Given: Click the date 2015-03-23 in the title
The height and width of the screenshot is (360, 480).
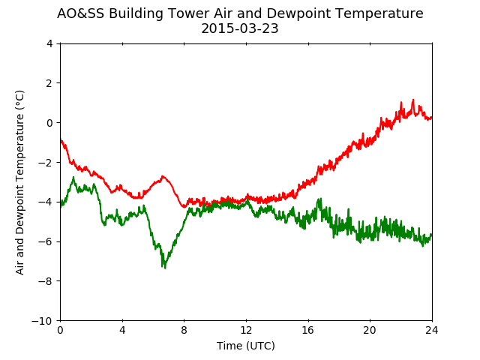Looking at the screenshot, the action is pos(240,28).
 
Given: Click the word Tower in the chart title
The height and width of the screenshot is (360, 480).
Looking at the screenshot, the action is pos(188,13).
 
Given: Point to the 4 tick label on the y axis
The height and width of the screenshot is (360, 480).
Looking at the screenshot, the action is pos(49,43).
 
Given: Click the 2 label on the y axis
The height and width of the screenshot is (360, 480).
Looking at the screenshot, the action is pos(49,83).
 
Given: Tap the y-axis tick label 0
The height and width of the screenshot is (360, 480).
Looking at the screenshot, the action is pos(49,123).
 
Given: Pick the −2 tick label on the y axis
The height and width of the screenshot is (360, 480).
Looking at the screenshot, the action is pos(45,162).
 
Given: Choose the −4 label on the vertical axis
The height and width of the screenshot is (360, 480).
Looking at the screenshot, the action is pos(45,202).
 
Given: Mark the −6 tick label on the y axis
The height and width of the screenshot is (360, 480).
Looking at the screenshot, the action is pos(45,241).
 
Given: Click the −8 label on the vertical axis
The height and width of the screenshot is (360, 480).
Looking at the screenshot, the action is pos(45,281).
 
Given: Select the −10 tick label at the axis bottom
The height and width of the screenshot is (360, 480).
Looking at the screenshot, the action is pos(42,321).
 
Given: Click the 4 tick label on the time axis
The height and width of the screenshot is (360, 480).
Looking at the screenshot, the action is pos(122,330).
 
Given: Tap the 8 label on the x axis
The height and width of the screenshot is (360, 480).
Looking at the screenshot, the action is pos(184,330).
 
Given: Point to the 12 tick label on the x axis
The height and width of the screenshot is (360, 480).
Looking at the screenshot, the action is pos(247,330).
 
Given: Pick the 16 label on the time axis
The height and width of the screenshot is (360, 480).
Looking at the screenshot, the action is pos(308,330).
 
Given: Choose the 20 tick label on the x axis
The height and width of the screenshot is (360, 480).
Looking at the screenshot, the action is pos(370,330).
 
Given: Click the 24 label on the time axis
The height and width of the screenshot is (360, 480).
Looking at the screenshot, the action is pos(432,330).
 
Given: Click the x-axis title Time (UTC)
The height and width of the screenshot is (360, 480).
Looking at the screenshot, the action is pos(246,346).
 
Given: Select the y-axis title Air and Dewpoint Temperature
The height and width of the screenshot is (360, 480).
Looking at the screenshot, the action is pos(19,183).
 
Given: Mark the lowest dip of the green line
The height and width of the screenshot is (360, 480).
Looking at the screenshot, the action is pos(165,268).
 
